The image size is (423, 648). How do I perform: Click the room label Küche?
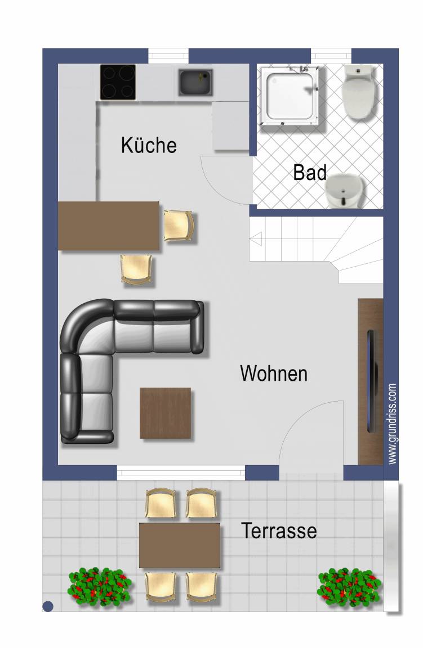(149, 145)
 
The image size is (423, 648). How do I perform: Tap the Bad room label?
(310, 172)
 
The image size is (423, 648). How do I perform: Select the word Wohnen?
(274, 373)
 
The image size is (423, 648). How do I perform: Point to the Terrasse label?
(279, 530)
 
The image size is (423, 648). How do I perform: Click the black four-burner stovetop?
(118, 82)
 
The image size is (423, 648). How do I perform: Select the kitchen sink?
(195, 82)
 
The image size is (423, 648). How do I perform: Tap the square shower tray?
(290, 96)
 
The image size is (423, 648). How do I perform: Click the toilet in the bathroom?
(358, 92)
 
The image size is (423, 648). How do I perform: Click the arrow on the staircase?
(256, 239)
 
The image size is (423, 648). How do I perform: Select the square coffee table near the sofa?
(165, 413)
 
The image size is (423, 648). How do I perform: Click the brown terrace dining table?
(179, 546)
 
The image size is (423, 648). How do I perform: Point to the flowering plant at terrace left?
(100, 587)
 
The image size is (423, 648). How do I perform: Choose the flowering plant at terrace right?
(349, 587)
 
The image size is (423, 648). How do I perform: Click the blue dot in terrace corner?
(48, 606)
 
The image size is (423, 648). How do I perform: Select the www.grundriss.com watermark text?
(393, 424)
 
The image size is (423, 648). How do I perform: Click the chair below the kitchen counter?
(136, 269)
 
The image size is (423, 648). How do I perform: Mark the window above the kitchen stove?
(168, 56)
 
